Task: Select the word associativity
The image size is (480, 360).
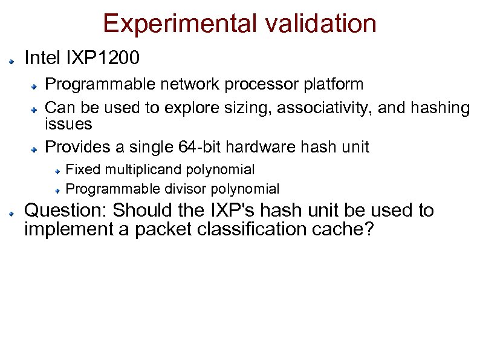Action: point(326,108)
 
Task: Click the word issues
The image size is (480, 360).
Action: point(68,124)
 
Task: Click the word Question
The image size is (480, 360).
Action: point(65,211)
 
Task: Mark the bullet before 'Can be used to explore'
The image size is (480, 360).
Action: point(36,110)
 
